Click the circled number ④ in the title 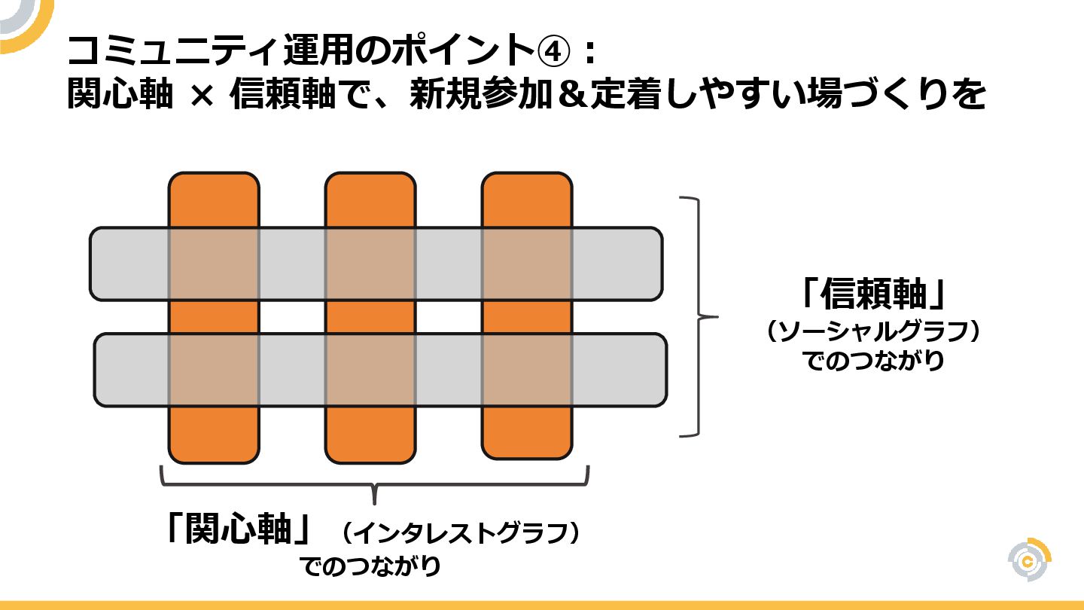pos(562,52)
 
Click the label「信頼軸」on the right pos(873,294)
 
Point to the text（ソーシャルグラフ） pos(873,332)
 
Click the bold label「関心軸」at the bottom pos(239,529)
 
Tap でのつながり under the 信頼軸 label pos(873,361)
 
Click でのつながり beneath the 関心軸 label pos(370,566)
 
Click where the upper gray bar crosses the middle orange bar pos(370,264)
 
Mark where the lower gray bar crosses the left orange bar pos(214,370)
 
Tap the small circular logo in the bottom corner pos(1029,560)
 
